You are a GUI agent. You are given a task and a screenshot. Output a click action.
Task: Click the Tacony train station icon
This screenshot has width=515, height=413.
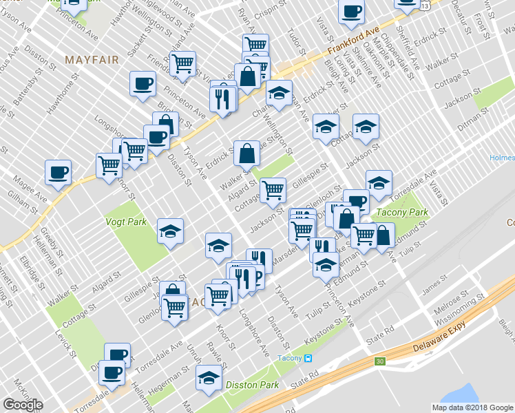click(x=308, y=358)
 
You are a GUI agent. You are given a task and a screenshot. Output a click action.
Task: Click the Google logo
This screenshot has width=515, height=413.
click(x=23, y=405)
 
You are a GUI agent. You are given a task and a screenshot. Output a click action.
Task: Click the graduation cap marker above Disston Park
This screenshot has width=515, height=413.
click(x=209, y=378)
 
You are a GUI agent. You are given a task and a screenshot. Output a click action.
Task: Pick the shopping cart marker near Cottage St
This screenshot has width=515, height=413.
click(x=273, y=189)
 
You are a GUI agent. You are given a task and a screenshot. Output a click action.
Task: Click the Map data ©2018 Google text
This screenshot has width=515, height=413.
click(x=472, y=407)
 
